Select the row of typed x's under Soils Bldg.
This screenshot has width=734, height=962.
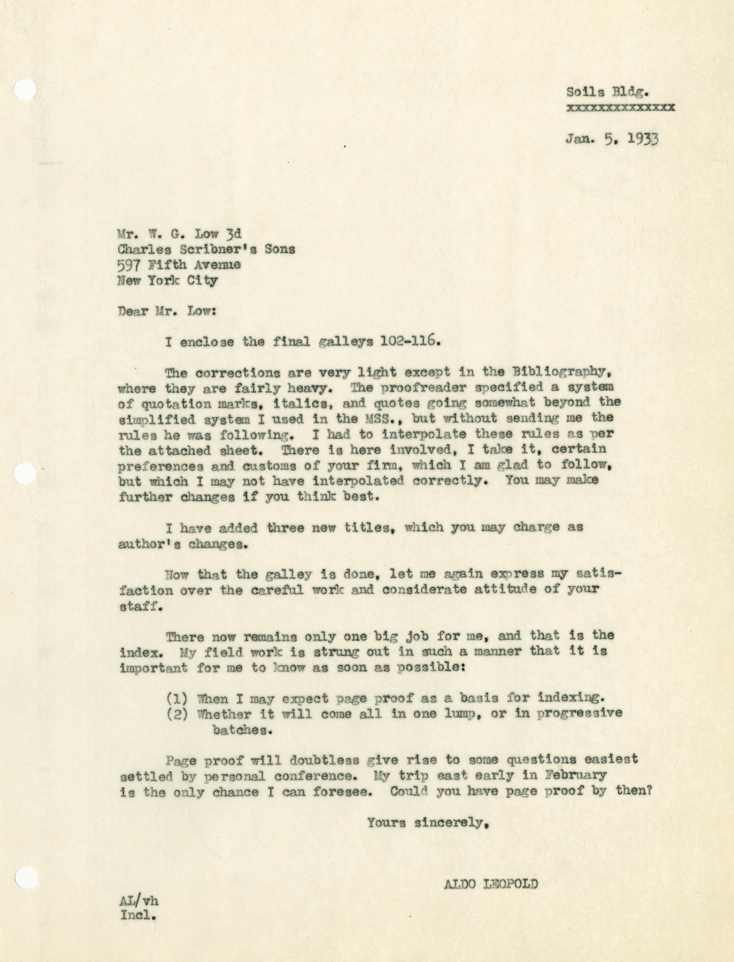[x=620, y=107]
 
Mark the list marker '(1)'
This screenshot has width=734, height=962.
[x=177, y=698]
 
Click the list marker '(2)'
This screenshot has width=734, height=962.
[x=177, y=713]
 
